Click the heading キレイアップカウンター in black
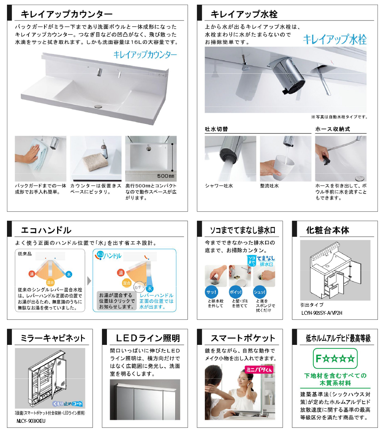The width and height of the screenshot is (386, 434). pyautogui.click(x=67, y=14)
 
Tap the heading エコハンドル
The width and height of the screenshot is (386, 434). pyautogui.click(x=46, y=230)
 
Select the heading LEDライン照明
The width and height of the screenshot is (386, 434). pyautogui.click(x=148, y=338)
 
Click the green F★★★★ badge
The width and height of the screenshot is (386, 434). pyautogui.click(x=335, y=358)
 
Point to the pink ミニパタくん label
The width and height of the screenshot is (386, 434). pyautogui.click(x=259, y=370)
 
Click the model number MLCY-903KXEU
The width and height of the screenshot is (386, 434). pyautogui.click(x=31, y=421)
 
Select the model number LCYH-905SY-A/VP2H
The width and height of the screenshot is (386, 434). pyautogui.click(x=322, y=313)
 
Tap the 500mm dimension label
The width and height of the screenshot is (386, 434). pyautogui.click(x=166, y=176)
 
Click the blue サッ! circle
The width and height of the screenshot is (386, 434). pyautogui.click(x=211, y=292)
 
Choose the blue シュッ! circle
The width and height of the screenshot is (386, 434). pyautogui.click(x=259, y=292)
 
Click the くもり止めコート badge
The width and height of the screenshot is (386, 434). pyautogui.click(x=68, y=404)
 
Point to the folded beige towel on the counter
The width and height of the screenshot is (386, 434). pyautogui.click(x=95, y=163)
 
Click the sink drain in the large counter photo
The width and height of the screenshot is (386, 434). pyautogui.click(x=98, y=106)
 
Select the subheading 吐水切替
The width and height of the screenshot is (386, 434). pyautogui.click(x=216, y=129)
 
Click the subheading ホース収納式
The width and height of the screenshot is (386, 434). pyautogui.click(x=333, y=129)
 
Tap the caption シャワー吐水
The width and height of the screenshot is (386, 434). pyautogui.click(x=219, y=186)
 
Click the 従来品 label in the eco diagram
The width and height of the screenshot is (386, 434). pyautogui.click(x=25, y=254)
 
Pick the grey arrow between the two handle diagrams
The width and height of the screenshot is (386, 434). pyautogui.click(x=89, y=281)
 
